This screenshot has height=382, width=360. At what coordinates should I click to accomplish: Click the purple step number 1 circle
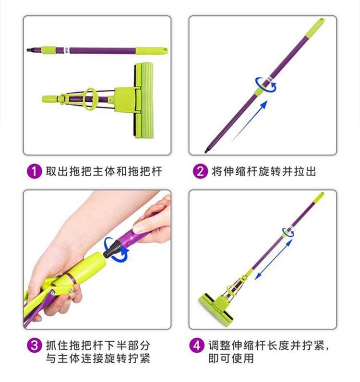click(x=34, y=171)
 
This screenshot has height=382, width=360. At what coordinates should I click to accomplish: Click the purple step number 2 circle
click(x=200, y=171)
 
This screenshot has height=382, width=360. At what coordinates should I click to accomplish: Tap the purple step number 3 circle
click(x=34, y=346)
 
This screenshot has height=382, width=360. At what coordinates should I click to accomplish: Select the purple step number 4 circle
click(x=197, y=346)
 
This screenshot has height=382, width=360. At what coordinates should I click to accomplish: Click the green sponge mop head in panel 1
click(x=144, y=100)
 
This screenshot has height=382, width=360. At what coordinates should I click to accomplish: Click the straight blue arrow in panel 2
click(x=249, y=121)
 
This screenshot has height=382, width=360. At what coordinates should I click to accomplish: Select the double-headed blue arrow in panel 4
click(x=274, y=259)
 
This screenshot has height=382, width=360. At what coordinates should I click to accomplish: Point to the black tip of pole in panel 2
click(x=206, y=151)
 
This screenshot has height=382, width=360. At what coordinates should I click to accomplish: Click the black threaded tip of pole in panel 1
click(x=29, y=50)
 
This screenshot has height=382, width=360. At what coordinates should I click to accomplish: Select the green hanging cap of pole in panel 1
click(x=152, y=50)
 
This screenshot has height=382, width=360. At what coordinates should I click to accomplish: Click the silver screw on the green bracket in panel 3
click(x=71, y=290)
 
